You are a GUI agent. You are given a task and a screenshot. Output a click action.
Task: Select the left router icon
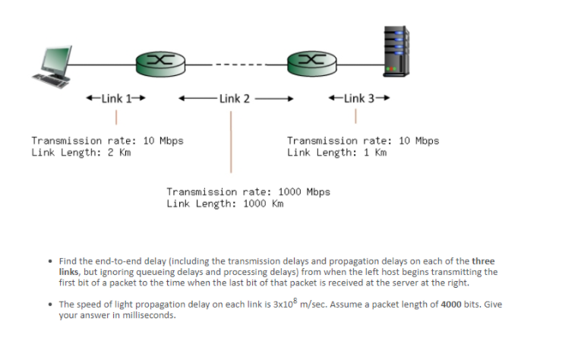158,62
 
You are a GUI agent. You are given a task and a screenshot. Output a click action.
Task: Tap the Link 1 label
115,98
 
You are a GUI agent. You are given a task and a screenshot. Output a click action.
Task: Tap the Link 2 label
235,98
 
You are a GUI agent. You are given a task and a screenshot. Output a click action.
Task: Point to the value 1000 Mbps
305,191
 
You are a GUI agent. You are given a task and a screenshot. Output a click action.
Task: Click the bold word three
483,261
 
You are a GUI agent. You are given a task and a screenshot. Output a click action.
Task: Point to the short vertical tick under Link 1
115,117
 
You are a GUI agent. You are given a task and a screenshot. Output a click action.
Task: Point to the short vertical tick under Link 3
355,117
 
